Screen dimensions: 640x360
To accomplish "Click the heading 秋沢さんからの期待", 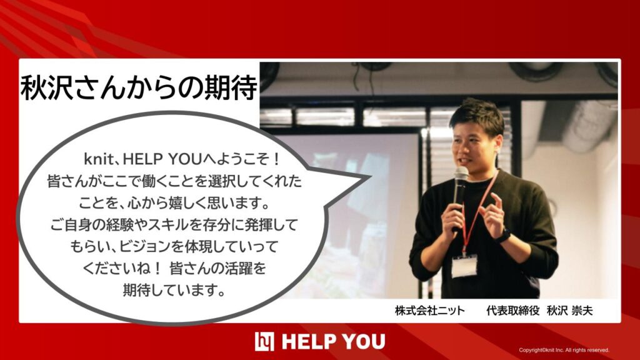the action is pyautogui.click(x=139, y=87).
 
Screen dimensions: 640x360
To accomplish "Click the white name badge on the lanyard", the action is pyautogui.click(x=464, y=266).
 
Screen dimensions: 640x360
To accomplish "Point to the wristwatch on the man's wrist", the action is pyautogui.click(x=504, y=236).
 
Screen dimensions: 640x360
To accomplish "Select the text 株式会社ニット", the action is pyautogui.click(x=430, y=311).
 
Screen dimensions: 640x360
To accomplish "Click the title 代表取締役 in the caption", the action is pyautogui.click(x=513, y=311).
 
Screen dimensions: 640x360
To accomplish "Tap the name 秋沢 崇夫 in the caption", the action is pyautogui.click(x=570, y=311).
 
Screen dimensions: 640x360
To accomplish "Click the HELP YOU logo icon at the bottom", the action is pyautogui.click(x=264, y=342).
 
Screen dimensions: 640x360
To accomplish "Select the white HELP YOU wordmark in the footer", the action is pyautogui.click(x=334, y=342).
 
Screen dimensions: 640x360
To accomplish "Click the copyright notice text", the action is pyautogui.click(x=564, y=350).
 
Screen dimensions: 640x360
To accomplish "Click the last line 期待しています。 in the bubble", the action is pyautogui.click(x=174, y=290).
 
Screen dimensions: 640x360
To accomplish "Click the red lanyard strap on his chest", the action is pyautogui.click(x=478, y=212).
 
